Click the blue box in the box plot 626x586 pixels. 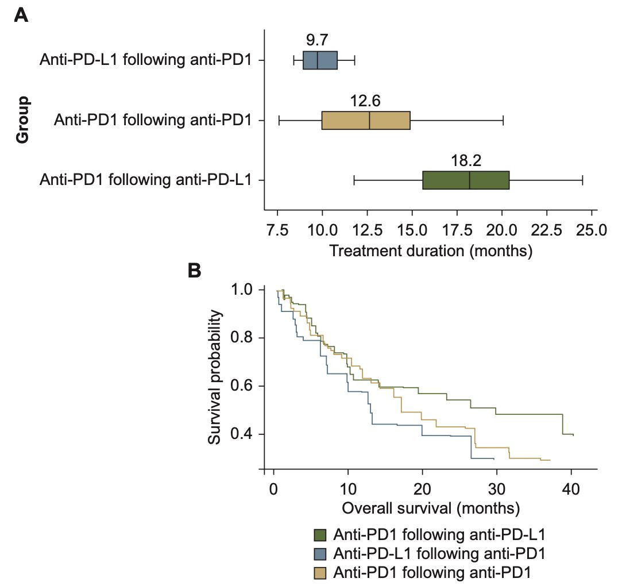tap(320, 60)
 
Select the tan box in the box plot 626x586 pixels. tap(366, 121)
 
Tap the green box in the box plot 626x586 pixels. tap(466, 180)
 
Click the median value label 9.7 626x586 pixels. tap(318, 40)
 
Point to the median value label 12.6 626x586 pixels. tap(365, 101)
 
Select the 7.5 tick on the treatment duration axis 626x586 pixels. tap(277, 231)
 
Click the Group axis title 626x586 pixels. tap(23, 120)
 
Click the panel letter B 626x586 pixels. tap(196, 270)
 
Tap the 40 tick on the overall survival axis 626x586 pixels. tap(571, 492)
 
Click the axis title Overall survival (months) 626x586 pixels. tap(431, 508)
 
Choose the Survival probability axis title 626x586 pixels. tap(215, 377)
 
